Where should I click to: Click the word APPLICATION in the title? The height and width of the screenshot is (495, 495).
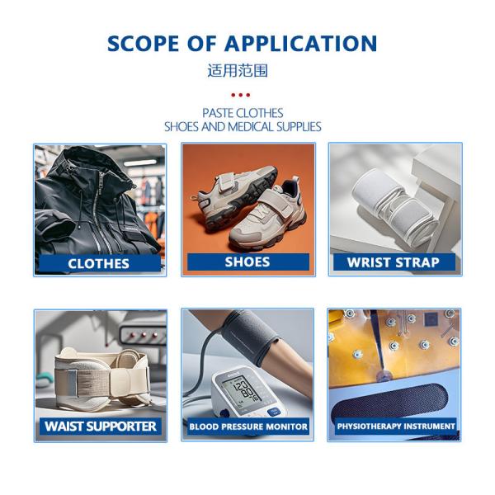(x=300, y=43)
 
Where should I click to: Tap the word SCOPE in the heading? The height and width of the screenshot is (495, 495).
(x=143, y=43)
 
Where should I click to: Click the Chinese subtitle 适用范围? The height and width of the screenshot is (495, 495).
(x=238, y=70)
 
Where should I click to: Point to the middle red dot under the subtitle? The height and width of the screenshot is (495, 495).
(x=241, y=95)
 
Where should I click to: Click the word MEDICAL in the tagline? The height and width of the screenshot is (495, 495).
(x=251, y=127)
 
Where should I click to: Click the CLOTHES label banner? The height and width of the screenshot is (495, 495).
(x=100, y=264)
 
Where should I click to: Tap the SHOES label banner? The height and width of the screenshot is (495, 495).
(x=248, y=262)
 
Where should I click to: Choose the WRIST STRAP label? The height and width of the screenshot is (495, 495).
(x=394, y=262)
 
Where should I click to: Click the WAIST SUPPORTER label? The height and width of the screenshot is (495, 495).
(x=101, y=427)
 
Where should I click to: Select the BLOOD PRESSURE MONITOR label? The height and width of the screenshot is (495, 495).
(x=248, y=427)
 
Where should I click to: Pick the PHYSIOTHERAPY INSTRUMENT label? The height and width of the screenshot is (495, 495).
(x=396, y=427)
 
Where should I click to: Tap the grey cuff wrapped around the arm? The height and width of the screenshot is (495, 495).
(x=250, y=337)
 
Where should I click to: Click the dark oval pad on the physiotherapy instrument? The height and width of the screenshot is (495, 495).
(x=390, y=403)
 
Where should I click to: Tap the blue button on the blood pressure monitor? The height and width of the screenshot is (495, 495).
(x=273, y=412)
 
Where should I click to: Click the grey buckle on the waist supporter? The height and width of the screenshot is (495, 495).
(x=72, y=383)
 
